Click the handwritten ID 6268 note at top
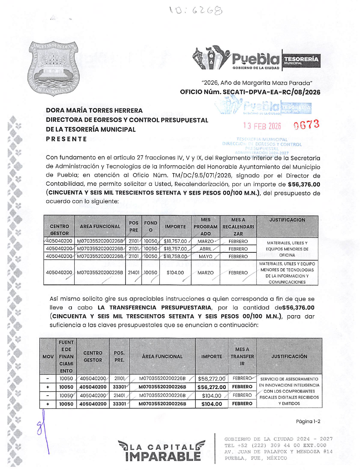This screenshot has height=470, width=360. (x=196, y=11)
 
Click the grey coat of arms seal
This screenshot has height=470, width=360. (x=53, y=68)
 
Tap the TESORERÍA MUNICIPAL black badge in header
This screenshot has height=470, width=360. (x=301, y=60)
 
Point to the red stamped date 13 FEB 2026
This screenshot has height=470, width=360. (x=262, y=126)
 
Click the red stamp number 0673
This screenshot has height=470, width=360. (x=306, y=125)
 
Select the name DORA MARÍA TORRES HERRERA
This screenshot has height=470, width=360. (x=94, y=111)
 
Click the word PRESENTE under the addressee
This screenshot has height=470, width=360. (x=66, y=139)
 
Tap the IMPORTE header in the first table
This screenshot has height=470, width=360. (x=175, y=227)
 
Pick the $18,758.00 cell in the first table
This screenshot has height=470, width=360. (x=175, y=256)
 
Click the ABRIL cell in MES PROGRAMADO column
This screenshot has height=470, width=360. (x=206, y=249)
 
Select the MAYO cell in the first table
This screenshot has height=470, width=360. (x=206, y=256)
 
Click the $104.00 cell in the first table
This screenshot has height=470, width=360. (x=175, y=273)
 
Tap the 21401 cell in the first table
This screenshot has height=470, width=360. (x=133, y=273)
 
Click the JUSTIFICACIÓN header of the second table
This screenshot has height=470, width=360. (x=289, y=356)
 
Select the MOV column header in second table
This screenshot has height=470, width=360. (x=48, y=356)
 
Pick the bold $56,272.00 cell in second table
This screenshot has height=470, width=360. (x=211, y=387)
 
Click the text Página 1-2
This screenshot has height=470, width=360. (x=308, y=421)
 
